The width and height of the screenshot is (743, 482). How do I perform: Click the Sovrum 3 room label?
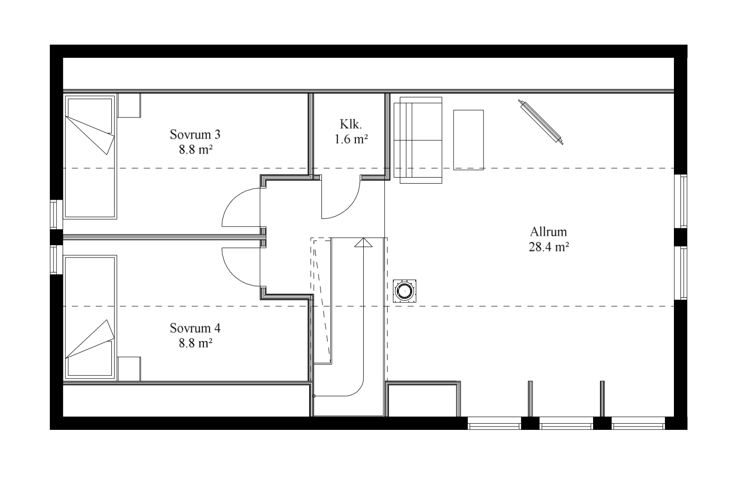pyautogui.click(x=195, y=134)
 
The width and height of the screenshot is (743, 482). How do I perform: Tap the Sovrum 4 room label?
pyautogui.click(x=195, y=328)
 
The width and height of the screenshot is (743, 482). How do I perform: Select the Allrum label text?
pyautogui.click(x=548, y=232)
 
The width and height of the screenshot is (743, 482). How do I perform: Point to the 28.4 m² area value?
pyautogui.click(x=549, y=247)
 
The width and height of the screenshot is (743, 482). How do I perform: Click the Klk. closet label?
pyautogui.click(x=351, y=124)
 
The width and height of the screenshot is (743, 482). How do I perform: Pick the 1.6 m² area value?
pyautogui.click(x=351, y=139)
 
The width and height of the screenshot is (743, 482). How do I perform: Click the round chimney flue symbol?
pyautogui.click(x=405, y=291)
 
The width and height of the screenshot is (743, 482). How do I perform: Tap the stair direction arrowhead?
pyautogui.click(x=363, y=242)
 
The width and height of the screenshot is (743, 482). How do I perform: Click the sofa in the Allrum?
pyautogui.click(x=418, y=140)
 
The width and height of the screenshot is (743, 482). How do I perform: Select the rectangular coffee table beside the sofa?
pyautogui.click(x=469, y=140)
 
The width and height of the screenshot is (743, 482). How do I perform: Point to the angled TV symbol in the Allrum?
pyautogui.click(x=540, y=122)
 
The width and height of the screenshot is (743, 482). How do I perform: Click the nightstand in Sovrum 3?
pyautogui.click(x=129, y=105)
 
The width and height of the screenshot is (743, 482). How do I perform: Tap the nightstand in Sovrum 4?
pyautogui.click(x=129, y=369)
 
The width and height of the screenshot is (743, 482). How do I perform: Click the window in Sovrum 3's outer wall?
pyautogui.click(x=56, y=215)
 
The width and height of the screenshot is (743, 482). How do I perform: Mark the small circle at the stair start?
pyautogui.click(x=314, y=396)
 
